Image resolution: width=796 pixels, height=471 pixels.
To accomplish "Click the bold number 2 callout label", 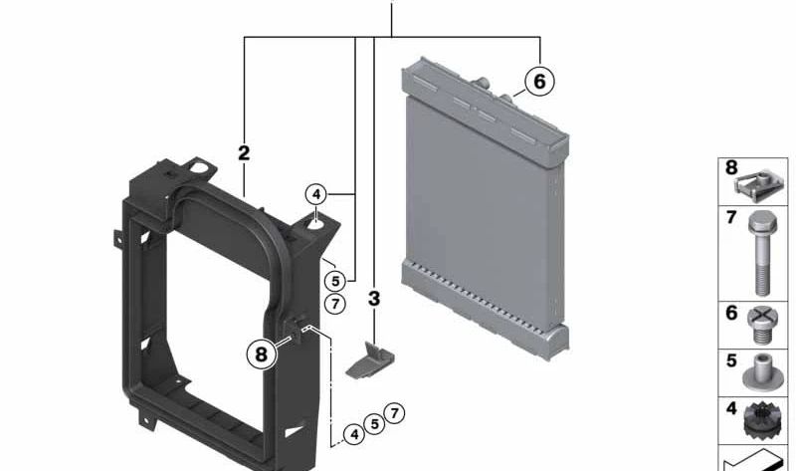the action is (x=244, y=153).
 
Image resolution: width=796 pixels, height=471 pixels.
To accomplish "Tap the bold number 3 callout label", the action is (x=374, y=299).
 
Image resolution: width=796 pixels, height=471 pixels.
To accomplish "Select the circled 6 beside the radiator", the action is (x=539, y=81).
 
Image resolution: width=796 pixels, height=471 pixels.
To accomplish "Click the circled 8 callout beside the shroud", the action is (x=262, y=353).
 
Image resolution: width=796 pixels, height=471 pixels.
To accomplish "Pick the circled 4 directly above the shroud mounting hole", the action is (x=316, y=194).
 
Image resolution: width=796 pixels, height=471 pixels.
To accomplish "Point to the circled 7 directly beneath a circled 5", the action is (x=335, y=304).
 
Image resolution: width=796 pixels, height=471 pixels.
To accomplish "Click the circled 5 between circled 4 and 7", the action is (x=375, y=424).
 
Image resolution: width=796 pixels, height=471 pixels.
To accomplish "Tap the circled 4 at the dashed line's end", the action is (x=354, y=434).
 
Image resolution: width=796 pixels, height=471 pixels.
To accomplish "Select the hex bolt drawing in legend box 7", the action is (x=761, y=253).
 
